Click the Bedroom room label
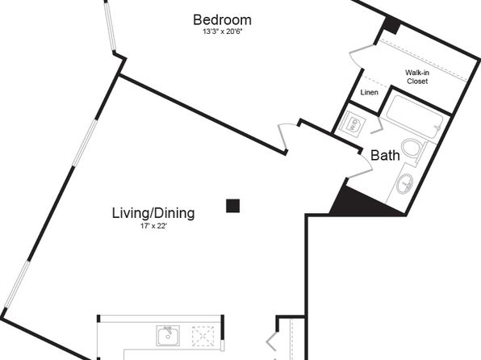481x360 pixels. coord(223,20)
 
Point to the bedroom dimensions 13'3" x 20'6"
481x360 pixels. coord(223,31)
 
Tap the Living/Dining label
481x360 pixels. coord(153,213)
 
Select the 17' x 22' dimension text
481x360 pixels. coord(153,226)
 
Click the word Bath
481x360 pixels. coord(385,155)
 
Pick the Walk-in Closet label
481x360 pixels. coord(417,77)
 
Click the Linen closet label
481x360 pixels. coord(370,92)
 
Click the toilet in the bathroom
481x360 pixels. coord(413,150)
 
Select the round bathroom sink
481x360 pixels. coord(405,183)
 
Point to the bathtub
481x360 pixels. coord(415,117)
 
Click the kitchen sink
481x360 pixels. coord(168,336)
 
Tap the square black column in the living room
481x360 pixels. coord(232,206)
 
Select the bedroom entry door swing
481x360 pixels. coord(284,137)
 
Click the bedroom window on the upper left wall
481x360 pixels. coord(111,27)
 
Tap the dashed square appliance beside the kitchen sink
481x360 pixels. coord(203,337)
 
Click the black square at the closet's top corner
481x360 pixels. coord(391,25)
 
